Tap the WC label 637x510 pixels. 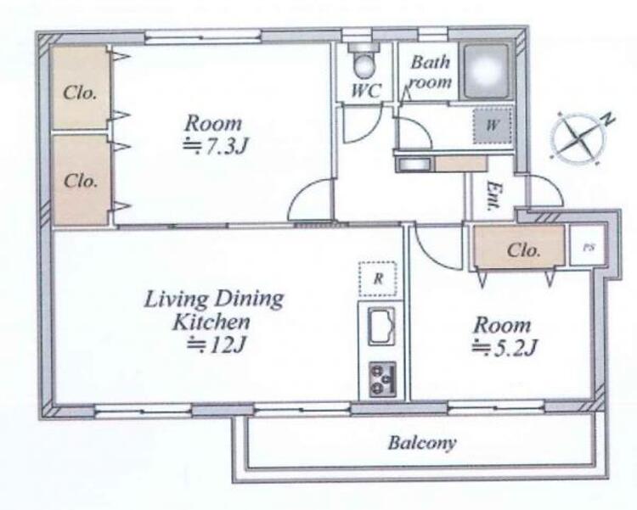(366, 91)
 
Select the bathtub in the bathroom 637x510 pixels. (486, 71)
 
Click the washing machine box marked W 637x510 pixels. (493, 125)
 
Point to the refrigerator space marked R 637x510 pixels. (378, 278)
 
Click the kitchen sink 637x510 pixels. (381, 326)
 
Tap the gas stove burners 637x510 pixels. (382, 379)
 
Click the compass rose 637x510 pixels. (580, 136)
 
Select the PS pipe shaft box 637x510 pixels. (588, 247)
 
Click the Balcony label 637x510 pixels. (421, 443)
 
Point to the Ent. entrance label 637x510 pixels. (494, 196)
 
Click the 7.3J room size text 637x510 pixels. (216, 147)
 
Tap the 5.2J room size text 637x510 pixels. (505, 348)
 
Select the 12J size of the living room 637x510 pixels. (216, 345)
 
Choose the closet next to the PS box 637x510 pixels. (520, 248)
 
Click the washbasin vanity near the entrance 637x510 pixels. (441, 164)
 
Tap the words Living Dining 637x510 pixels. (214, 300)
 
